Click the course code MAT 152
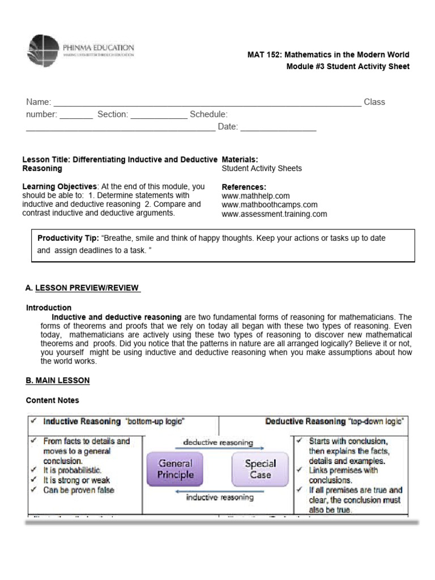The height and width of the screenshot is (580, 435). pyautogui.click(x=265, y=55)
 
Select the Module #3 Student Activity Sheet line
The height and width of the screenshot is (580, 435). pyautogui.click(x=348, y=67)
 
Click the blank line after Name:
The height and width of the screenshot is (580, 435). pyautogui.click(x=207, y=103)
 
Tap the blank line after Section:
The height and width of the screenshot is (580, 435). pyautogui.click(x=159, y=115)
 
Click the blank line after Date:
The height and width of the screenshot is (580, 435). pyautogui.click(x=278, y=127)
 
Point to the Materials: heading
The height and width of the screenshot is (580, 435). pyautogui.click(x=240, y=160)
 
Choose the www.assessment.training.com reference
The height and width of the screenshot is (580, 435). pyautogui.click(x=274, y=214)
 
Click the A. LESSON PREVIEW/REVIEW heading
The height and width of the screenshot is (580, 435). pyautogui.click(x=83, y=288)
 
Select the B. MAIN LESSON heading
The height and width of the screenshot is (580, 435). pyautogui.click(x=58, y=380)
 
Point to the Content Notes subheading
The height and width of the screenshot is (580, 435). pyautogui.click(x=53, y=400)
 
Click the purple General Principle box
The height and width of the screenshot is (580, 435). pyautogui.click(x=175, y=469)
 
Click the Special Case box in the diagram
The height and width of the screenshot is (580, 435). pyautogui.click(x=260, y=469)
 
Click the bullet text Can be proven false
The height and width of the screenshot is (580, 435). pyautogui.click(x=78, y=490)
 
